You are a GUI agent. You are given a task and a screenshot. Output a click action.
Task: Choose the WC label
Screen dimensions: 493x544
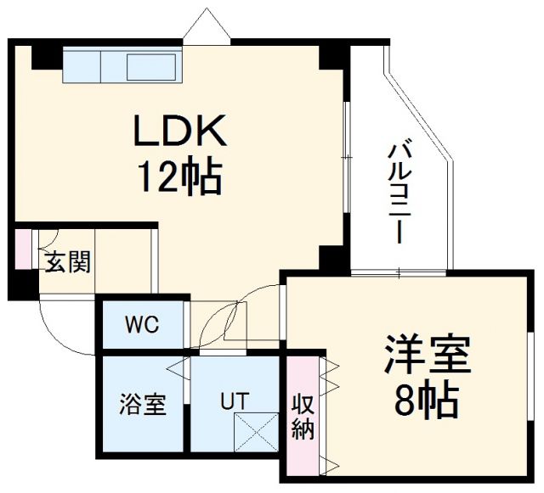pos(141,324)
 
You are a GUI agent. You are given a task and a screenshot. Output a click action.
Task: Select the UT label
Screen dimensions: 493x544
pos(234,399)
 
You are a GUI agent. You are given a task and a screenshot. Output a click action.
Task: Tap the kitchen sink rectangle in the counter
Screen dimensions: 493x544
pos(154,65)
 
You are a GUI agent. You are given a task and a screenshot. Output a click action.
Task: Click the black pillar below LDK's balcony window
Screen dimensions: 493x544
pos(333,260)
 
